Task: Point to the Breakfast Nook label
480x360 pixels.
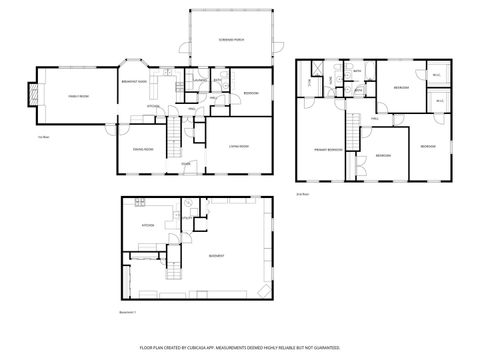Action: (135, 81)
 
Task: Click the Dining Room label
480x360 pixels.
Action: (143, 148)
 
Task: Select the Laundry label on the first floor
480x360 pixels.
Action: (200, 80)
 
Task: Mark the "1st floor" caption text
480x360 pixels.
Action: (43, 136)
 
